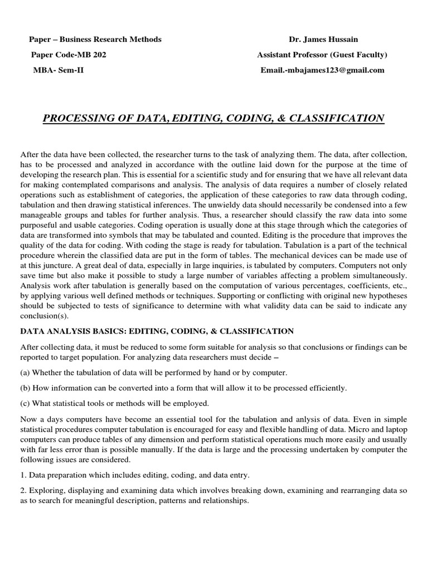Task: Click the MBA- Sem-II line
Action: tap(60, 70)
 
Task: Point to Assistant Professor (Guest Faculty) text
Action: tap(322, 55)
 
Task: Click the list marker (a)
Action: tap(25, 372)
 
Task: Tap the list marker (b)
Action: tap(25, 388)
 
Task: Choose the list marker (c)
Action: tap(25, 403)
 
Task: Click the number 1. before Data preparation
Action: tap(23, 475)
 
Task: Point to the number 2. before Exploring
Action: tap(23, 491)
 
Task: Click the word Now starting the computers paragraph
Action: tap(28, 419)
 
